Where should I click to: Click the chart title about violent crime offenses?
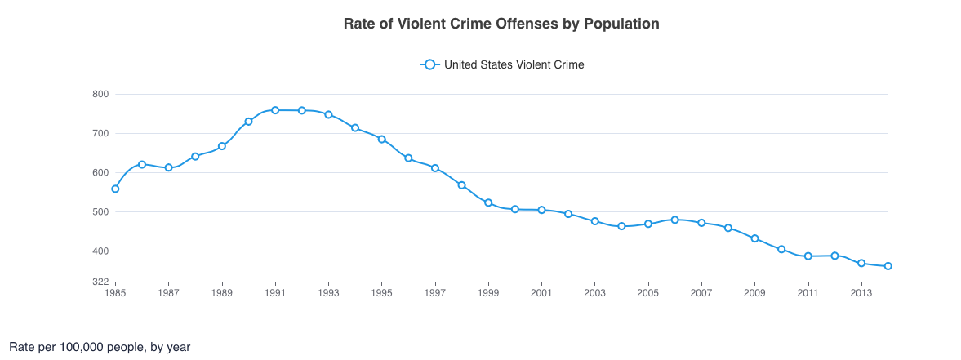pyautogui.click(x=501, y=24)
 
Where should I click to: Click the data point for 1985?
pyautogui.click(x=115, y=189)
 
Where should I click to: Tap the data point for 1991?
pyautogui.click(x=275, y=110)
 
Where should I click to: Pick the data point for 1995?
pyautogui.click(x=381, y=140)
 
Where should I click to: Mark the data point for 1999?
pyautogui.click(x=488, y=202)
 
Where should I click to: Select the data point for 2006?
pyautogui.click(x=674, y=220)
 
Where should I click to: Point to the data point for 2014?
pyautogui.click(x=888, y=266)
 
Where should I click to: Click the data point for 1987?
pyautogui.click(x=168, y=167)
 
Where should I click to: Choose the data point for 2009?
pyautogui.click(x=754, y=238)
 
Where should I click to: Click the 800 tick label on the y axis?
pyautogui.click(x=100, y=95)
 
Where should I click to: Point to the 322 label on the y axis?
pyautogui.click(x=100, y=282)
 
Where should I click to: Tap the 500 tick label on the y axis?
pyautogui.click(x=100, y=212)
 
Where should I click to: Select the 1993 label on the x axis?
pyautogui.click(x=328, y=291)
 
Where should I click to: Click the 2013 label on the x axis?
pyautogui.click(x=861, y=291)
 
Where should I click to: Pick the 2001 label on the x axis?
pyautogui.click(x=541, y=291)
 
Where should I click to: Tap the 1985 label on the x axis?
pyautogui.click(x=115, y=291)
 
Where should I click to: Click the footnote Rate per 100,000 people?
pyautogui.click(x=100, y=347)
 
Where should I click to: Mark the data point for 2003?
pyautogui.click(x=594, y=221)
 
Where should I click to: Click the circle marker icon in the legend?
pyautogui.click(x=429, y=64)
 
